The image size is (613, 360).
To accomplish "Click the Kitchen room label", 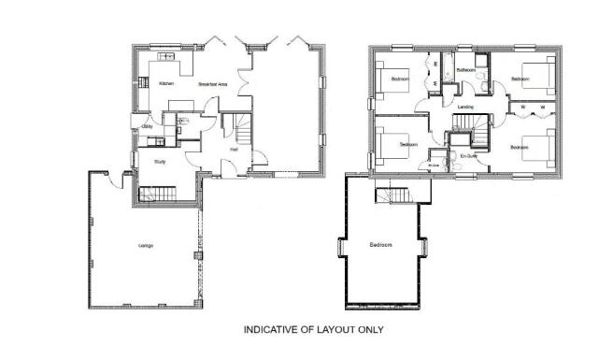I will pos(166,84).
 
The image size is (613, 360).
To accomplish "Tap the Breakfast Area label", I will pos(214,85).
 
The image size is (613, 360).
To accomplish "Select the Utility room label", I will pos(147,126).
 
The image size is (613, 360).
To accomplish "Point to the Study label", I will pos(160,161).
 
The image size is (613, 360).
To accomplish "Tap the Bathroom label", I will pos(466,71).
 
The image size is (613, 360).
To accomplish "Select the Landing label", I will pos(465,107).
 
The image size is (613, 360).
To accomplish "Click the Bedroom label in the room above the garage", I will pos(380,245).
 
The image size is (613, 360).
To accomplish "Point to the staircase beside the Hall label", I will pos(240,124).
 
